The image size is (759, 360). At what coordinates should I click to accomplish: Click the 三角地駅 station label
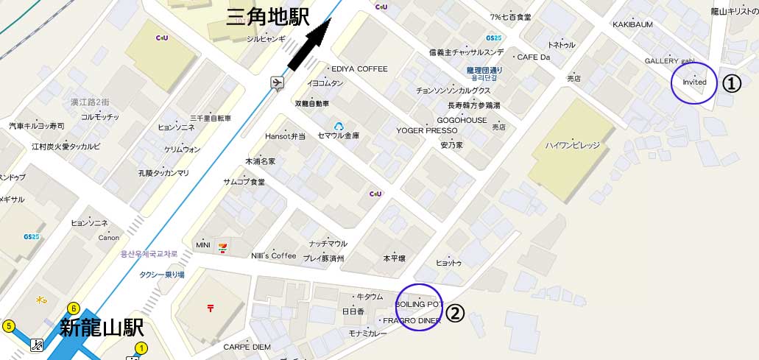coord(267,15)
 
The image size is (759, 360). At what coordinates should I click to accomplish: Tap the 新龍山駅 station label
coord(102,328)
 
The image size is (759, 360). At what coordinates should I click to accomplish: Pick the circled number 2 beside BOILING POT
coord(456,314)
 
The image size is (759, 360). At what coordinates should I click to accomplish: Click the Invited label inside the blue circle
coord(694,82)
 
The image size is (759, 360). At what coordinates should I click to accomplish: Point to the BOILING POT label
coord(419,304)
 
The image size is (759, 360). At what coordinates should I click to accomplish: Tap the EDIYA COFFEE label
coord(359,68)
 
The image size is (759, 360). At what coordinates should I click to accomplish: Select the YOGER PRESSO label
coord(427,130)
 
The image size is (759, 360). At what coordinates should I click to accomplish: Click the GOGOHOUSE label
coord(462,120)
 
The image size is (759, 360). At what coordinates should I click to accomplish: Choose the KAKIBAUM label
coord(632,24)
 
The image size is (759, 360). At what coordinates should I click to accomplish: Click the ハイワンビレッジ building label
coord(573,145)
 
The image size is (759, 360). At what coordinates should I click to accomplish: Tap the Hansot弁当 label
coord(285,136)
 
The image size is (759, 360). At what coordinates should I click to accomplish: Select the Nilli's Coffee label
coord(274,255)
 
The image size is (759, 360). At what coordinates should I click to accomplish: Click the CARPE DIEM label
coord(247,346)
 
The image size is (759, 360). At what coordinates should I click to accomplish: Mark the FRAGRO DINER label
coord(412,321)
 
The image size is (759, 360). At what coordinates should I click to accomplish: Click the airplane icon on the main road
coord(277,82)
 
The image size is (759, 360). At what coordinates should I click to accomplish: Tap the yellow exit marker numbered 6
coord(73,308)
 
